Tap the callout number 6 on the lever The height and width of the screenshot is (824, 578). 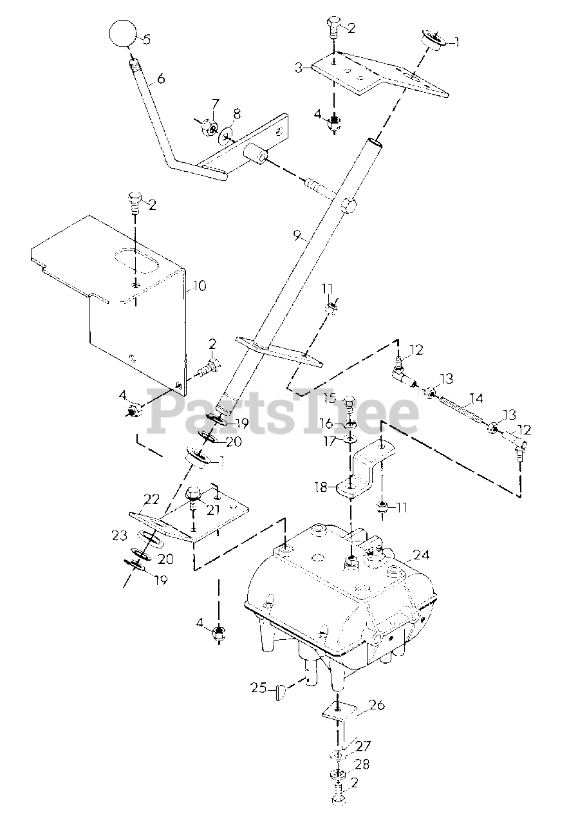click(161, 79)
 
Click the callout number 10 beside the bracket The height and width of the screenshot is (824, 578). click(199, 285)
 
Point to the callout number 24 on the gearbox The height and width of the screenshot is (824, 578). click(421, 554)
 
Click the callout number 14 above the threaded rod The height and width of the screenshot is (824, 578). click(476, 398)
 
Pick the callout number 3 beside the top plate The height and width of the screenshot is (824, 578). click(299, 68)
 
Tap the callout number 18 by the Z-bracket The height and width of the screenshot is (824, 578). click(321, 487)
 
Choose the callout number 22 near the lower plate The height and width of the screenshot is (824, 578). click(151, 500)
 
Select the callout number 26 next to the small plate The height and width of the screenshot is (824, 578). click(377, 705)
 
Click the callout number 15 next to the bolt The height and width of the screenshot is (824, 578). click(330, 398)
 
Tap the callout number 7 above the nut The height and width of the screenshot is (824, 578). click(215, 104)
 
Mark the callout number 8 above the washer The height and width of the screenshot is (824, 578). click(237, 114)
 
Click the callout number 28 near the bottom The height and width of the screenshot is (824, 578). click(362, 765)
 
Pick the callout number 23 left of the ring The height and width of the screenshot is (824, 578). click(120, 534)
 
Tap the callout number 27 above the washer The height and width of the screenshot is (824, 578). click(363, 746)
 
